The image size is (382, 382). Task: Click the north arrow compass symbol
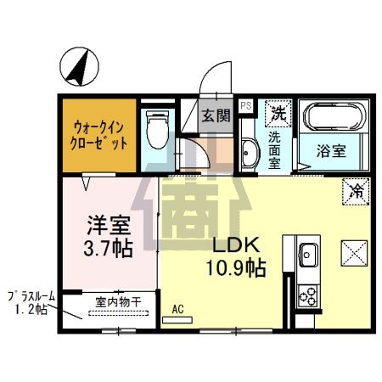[x=79, y=68]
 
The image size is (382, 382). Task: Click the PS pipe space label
[x=245, y=106]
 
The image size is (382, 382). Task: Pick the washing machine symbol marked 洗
[x=278, y=111]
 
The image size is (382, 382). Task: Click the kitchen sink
[x=307, y=253]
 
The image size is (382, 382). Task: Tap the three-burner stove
[x=307, y=296]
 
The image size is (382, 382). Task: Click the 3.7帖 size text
[x=109, y=250]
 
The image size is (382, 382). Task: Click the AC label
[x=179, y=310]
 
